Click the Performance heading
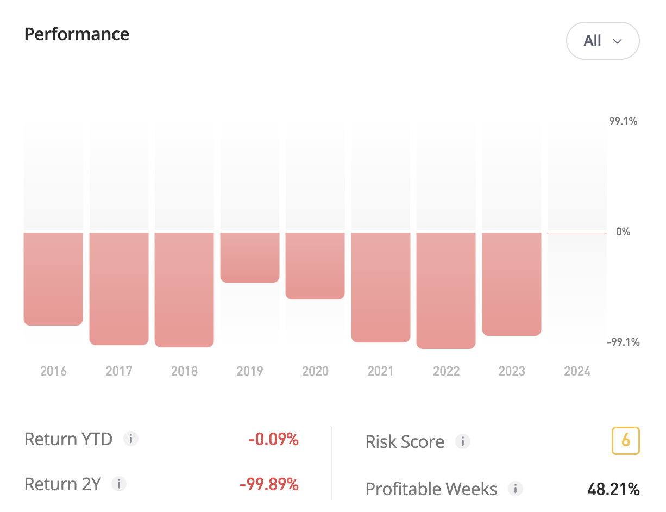(77, 34)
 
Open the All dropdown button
(602, 41)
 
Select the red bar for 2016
(53, 279)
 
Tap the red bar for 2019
(250, 257)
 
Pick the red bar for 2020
(315, 266)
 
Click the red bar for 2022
(446, 290)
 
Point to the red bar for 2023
(512, 284)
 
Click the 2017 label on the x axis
(119, 371)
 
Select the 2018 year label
(185, 371)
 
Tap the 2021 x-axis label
(381, 371)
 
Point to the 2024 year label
(577, 371)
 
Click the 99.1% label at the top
(623, 121)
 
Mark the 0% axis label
(623, 232)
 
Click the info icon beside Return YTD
(130, 439)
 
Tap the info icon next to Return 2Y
(119, 484)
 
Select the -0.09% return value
(273, 439)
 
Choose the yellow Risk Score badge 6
(625, 441)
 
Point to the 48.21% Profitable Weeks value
(613, 489)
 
